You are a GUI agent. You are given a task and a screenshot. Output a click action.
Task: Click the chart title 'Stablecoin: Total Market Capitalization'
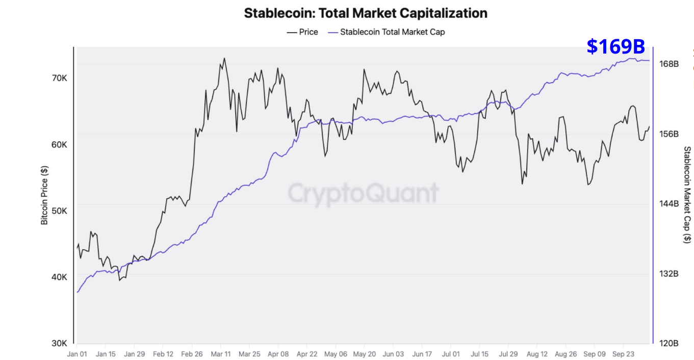pyautogui.click(x=366, y=13)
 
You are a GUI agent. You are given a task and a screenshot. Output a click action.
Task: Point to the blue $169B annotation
pyautogui.click(x=615, y=46)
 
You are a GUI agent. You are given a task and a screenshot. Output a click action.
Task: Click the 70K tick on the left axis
pyautogui.click(x=59, y=78)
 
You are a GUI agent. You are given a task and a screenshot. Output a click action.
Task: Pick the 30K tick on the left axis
pyautogui.click(x=59, y=343)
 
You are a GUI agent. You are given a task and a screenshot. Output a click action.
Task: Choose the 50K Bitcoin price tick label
pyautogui.click(x=59, y=211)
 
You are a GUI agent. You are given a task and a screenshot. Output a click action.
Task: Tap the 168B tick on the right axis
pyautogui.click(x=669, y=64)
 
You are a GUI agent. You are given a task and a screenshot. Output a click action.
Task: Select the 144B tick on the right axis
pyautogui.click(x=669, y=204)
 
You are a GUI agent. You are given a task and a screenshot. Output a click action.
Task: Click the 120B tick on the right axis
pyautogui.click(x=669, y=343)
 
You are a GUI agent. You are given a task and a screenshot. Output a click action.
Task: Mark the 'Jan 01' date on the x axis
pyautogui.click(x=77, y=353)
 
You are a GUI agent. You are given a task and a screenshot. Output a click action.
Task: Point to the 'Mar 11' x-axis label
pyautogui.click(x=220, y=353)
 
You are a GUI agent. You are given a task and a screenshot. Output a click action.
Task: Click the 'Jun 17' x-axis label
pyautogui.click(x=422, y=353)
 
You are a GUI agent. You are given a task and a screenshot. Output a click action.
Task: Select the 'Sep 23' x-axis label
pyautogui.click(x=623, y=353)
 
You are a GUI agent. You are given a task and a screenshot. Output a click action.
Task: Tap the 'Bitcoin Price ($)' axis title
pyautogui.click(x=44, y=196)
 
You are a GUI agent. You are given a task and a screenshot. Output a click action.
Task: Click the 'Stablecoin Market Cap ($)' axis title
pyautogui.click(x=687, y=195)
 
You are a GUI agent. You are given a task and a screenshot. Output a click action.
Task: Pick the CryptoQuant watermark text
pyautogui.click(x=363, y=193)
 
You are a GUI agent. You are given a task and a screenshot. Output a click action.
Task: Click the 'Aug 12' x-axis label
pyautogui.click(x=536, y=353)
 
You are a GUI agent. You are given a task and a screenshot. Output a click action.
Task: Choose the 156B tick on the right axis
pyautogui.click(x=669, y=134)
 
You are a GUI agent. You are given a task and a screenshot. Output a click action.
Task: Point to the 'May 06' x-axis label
pyautogui.click(x=336, y=353)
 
